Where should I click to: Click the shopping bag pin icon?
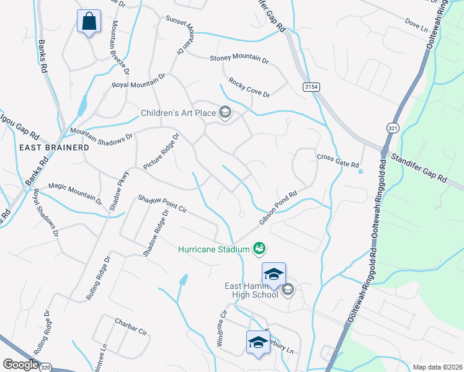coord(89,21)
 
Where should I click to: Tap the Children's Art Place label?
coord(177,113)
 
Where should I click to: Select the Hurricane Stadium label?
coord(213,249)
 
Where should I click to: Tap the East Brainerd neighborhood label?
coord(54,148)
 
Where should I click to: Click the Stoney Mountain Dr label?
coord(239,59)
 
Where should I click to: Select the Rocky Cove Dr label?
coord(249,87)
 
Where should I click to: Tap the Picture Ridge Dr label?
coord(160,152)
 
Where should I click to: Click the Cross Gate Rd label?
coord(338,161)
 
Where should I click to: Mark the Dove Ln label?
coord(416,25)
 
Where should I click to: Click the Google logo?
coord(21,365)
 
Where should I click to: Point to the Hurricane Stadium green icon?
coord(259,249)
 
